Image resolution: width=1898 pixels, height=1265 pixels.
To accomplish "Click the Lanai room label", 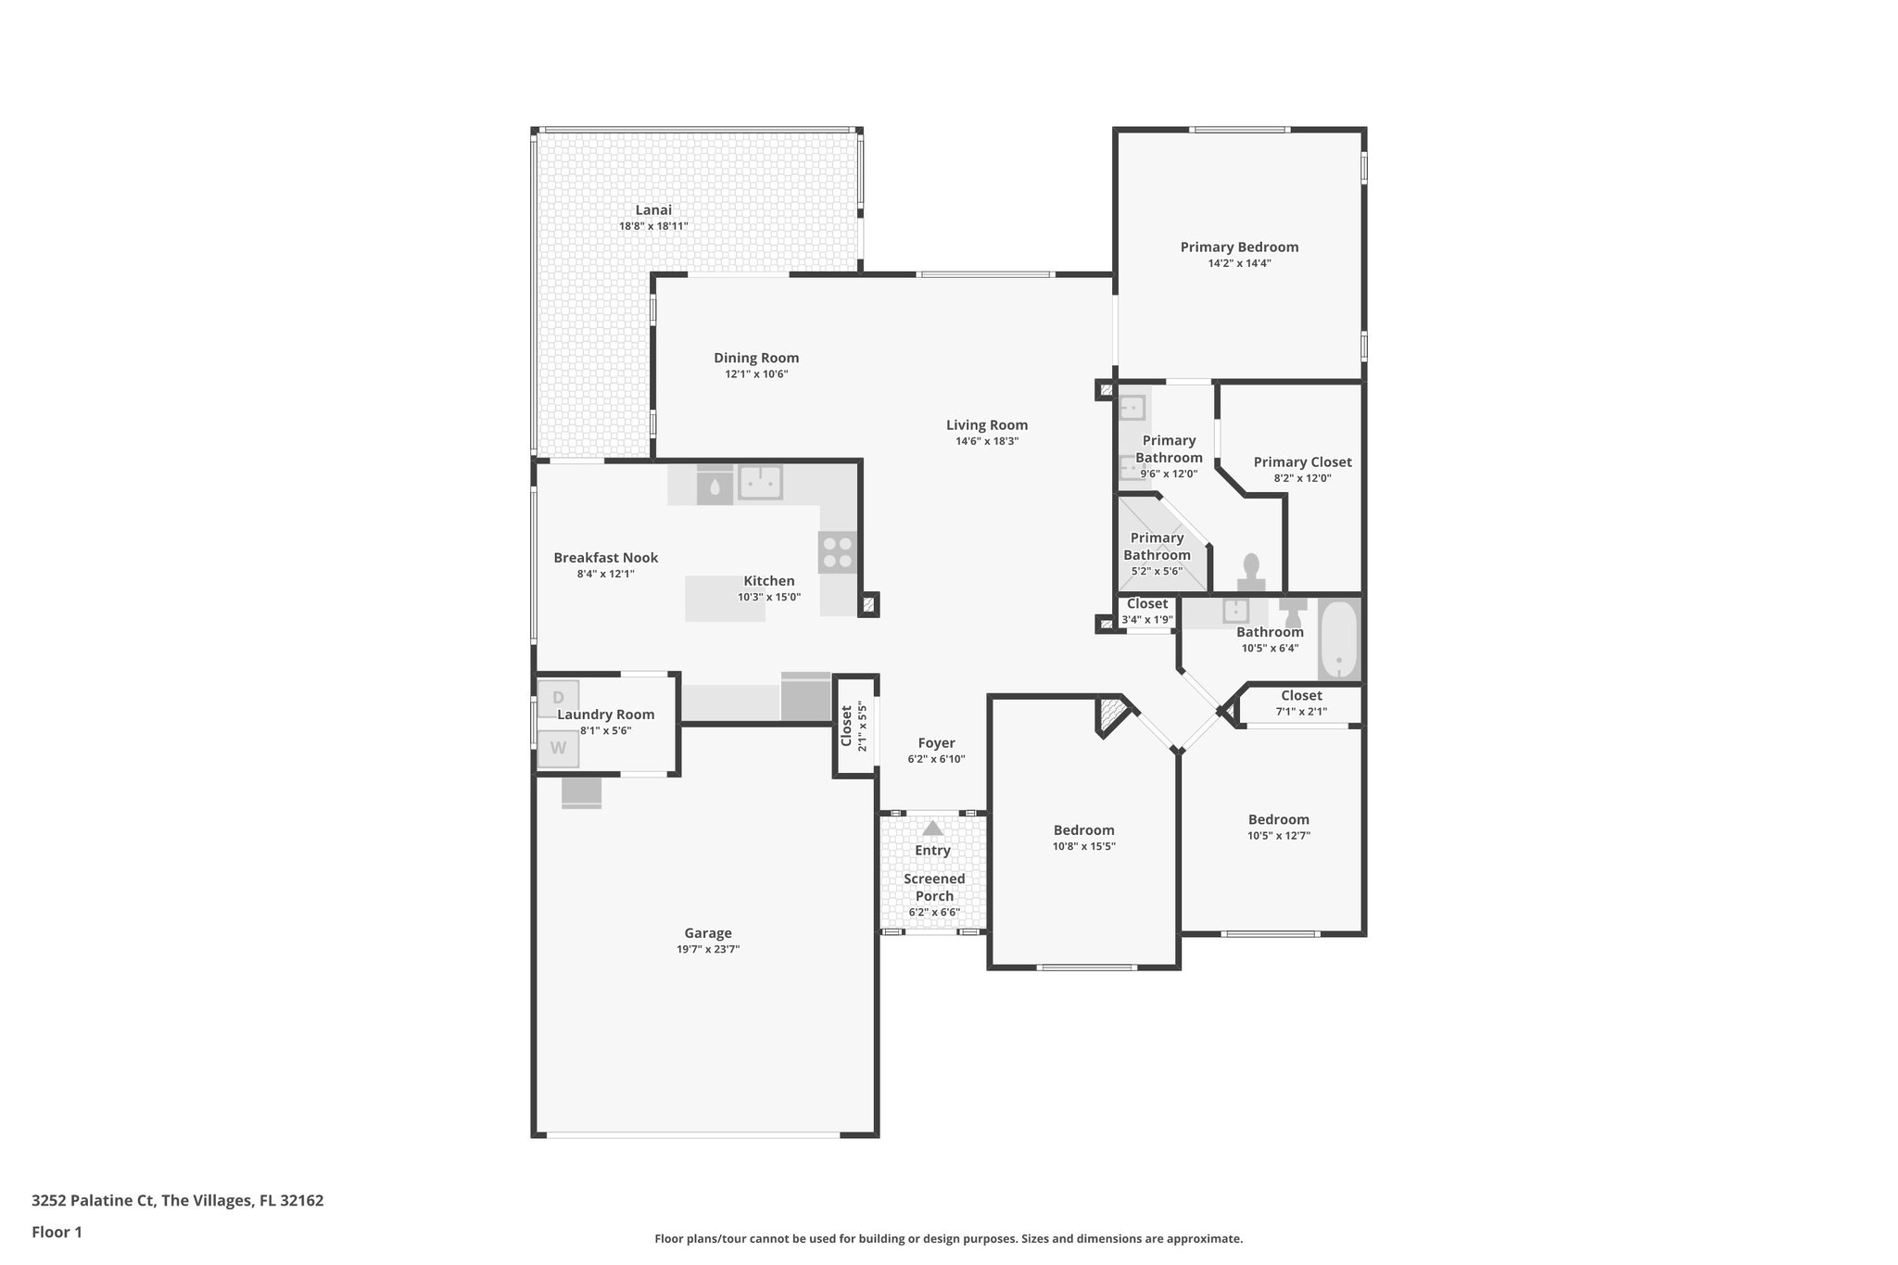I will point(653,210).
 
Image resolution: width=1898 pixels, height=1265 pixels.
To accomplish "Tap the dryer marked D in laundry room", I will point(558,698).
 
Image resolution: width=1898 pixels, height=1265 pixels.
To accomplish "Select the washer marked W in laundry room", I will point(558,749).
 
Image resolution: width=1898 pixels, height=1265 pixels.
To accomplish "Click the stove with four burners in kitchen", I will point(838,553).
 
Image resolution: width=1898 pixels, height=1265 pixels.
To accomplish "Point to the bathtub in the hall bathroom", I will point(1338,640).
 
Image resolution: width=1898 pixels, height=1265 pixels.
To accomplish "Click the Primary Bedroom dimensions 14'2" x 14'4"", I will point(1239,263).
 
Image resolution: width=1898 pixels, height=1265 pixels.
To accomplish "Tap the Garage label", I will point(708,933).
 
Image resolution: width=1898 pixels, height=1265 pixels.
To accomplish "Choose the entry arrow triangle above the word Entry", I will point(932,828).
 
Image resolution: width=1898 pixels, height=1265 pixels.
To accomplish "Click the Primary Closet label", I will point(1302,462).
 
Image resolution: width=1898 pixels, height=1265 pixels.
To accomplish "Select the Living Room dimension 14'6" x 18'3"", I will point(987,441).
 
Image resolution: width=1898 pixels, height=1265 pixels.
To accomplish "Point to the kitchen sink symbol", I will point(760,482).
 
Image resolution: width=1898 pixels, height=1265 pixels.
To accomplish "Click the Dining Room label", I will point(756,358).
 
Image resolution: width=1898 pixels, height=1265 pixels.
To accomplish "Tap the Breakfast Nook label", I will point(606,557).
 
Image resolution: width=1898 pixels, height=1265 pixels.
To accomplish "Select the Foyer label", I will point(936,743).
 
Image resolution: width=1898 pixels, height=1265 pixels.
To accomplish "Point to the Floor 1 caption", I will point(57,1233).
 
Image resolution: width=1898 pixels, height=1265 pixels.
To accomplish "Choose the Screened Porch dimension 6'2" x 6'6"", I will point(934,912).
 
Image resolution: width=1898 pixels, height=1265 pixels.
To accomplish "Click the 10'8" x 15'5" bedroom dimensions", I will point(1083,846).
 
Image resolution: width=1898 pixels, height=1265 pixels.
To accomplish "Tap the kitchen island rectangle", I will point(725,599).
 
